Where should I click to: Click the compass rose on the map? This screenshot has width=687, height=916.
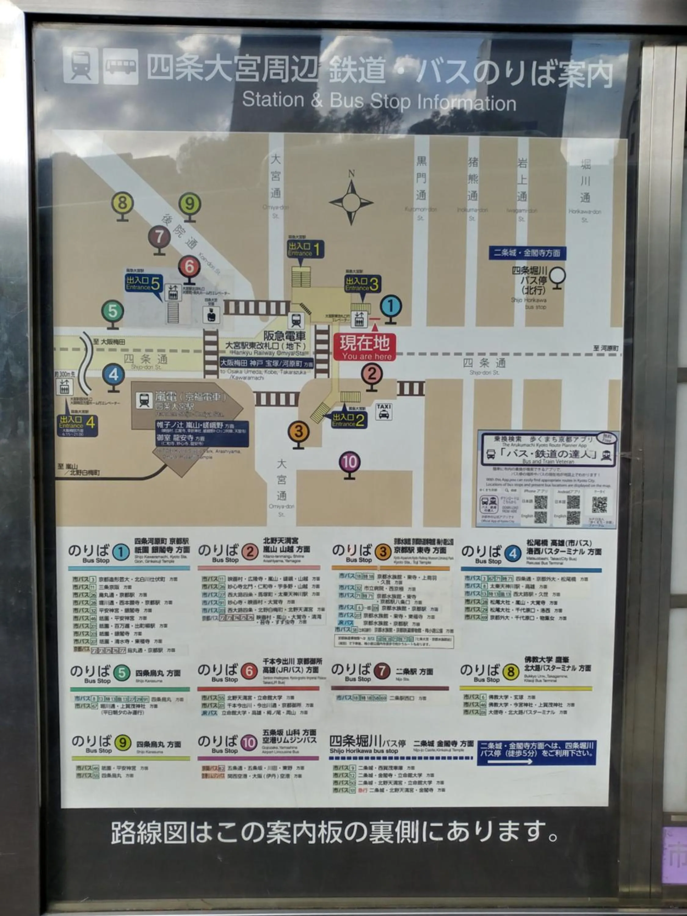click(351, 202)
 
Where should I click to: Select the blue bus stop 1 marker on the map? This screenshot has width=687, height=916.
click(391, 307)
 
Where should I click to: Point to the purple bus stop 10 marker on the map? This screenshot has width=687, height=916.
click(350, 462)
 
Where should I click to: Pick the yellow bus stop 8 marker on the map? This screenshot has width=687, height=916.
click(122, 203)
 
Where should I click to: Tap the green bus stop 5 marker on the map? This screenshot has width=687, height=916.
click(113, 311)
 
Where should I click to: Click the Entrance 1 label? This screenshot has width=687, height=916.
click(306, 249)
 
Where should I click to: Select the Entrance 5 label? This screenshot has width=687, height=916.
click(143, 284)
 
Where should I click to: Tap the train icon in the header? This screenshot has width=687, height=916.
click(81, 65)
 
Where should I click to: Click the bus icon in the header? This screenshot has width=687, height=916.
click(121, 66)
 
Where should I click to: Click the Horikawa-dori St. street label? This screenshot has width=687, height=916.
click(584, 215)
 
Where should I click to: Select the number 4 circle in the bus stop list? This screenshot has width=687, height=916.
click(513, 554)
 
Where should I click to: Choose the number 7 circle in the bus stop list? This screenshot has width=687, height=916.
click(382, 671)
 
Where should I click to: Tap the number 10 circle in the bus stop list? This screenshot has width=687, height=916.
click(249, 743)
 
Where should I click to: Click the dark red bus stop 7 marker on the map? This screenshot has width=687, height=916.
click(159, 237)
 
